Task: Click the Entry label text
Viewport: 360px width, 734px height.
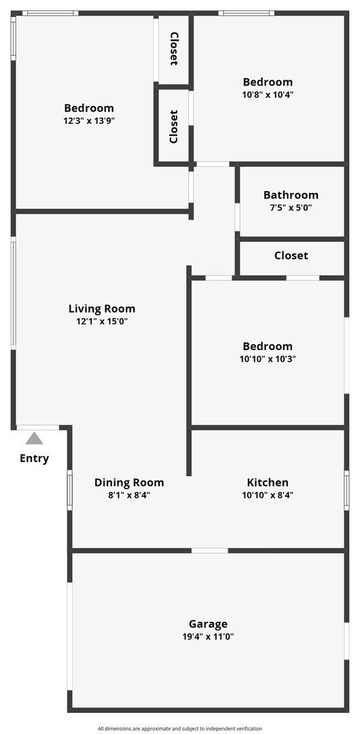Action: [x=34, y=458]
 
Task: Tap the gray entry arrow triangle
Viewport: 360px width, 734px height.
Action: [x=34, y=438]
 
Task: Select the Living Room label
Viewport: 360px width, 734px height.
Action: [x=102, y=309]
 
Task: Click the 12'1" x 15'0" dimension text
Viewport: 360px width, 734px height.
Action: [x=102, y=321]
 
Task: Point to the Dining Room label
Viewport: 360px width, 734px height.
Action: [x=129, y=483]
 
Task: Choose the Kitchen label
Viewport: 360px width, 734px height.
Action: [x=268, y=483]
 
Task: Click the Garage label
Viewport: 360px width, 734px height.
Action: [x=208, y=624]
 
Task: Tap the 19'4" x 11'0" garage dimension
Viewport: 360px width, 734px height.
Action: [x=208, y=637]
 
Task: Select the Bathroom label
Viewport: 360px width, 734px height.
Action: [x=291, y=195]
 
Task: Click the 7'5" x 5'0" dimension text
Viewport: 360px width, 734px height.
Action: [x=291, y=208]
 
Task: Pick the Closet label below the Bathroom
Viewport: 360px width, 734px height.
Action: [x=291, y=256]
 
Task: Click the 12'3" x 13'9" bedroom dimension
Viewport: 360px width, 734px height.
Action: [x=89, y=120]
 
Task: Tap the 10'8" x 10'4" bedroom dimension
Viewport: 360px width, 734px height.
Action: [x=268, y=95]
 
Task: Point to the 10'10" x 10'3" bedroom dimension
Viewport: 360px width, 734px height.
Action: [x=268, y=359]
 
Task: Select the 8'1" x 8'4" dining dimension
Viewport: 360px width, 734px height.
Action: [x=129, y=495]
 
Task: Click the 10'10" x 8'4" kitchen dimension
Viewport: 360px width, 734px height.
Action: [x=268, y=495]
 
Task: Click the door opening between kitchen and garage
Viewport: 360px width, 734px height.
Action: [x=210, y=550]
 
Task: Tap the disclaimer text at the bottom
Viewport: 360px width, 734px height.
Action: [x=179, y=729]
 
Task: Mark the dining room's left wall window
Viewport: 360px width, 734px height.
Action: [x=69, y=490]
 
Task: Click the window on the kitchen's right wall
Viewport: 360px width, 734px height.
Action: [x=346, y=490]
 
